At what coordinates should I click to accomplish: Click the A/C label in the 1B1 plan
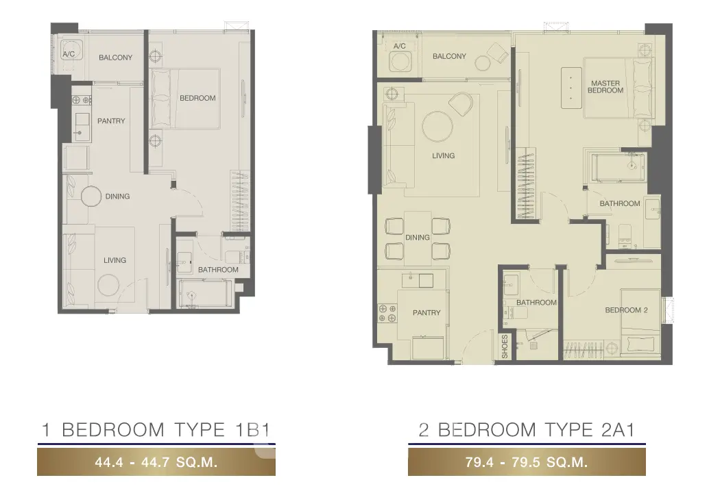[x=69, y=54]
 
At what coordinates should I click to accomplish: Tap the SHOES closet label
[x=505, y=346]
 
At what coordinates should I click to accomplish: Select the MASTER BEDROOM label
[x=605, y=87]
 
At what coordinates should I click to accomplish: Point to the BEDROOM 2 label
[x=626, y=310]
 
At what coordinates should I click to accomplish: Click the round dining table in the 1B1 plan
[x=91, y=197]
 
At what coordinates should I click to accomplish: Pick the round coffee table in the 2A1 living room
[x=437, y=127]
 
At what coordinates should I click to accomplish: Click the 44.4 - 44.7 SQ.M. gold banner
[x=156, y=462]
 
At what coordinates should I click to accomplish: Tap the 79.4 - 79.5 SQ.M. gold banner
[x=527, y=462]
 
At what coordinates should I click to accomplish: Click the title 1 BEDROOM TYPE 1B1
[x=156, y=429]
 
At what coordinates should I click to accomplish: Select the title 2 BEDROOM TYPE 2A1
[x=527, y=429]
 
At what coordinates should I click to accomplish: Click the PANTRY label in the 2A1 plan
[x=426, y=312]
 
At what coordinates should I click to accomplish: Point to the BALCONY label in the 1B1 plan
[x=116, y=58]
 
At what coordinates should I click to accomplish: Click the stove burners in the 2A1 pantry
[x=387, y=314]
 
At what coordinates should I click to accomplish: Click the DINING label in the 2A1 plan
[x=418, y=237]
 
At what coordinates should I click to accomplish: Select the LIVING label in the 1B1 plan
[x=115, y=260]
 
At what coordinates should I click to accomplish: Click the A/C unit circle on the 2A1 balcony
[x=400, y=61]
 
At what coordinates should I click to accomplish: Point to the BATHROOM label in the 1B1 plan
[x=218, y=270]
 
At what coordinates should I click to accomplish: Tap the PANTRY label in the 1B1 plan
[x=111, y=121]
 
